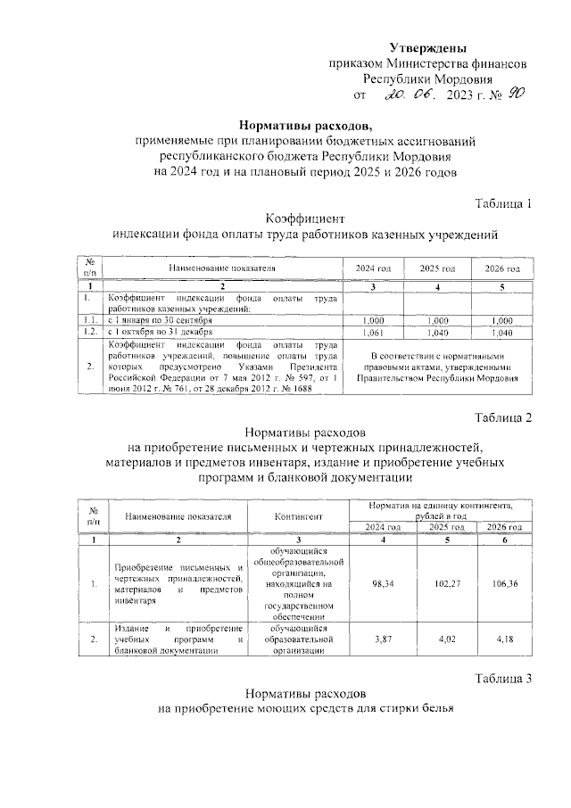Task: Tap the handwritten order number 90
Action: point(516,95)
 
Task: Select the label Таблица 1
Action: point(502,202)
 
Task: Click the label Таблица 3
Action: point(502,680)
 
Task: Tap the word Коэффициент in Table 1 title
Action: point(304,218)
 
